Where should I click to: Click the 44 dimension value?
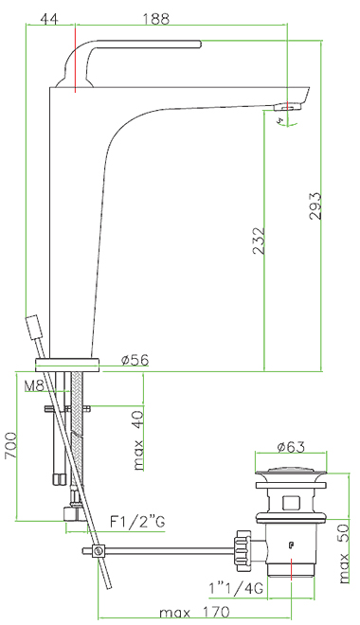tap(50, 18)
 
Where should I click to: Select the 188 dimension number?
tap(155, 18)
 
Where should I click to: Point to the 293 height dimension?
tap(315, 205)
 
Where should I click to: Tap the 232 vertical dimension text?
tap(259, 241)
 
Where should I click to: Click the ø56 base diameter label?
tap(135, 360)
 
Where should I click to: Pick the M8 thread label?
tap(34, 385)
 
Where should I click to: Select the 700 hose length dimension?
tap(11, 445)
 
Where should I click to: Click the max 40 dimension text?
tap(138, 440)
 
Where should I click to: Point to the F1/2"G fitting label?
tap(137, 522)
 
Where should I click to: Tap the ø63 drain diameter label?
tap(291, 447)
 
